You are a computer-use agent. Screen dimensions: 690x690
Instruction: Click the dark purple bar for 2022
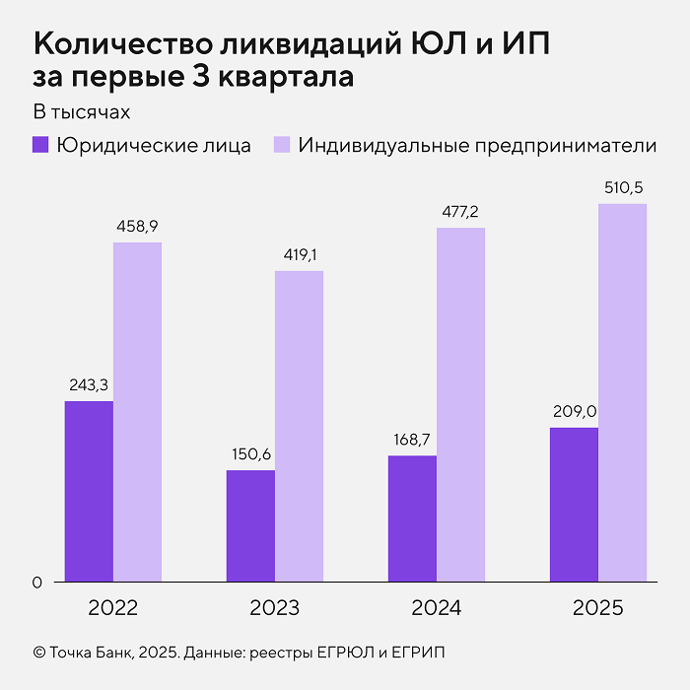(89, 491)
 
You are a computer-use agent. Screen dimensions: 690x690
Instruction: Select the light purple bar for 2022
(137, 412)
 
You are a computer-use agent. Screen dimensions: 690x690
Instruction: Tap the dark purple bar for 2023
(250, 525)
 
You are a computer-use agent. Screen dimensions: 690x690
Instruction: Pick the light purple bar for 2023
(299, 426)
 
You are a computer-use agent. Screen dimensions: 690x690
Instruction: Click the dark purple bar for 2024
(412, 518)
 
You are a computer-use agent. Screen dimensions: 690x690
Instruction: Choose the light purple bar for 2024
(460, 405)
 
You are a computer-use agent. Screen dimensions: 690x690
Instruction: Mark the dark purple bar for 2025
(574, 504)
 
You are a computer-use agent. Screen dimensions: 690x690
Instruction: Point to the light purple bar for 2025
(622, 392)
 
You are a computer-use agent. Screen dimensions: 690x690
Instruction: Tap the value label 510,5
(622, 187)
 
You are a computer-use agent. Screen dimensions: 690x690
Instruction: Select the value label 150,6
(250, 454)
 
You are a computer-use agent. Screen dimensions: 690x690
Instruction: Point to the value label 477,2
(460, 212)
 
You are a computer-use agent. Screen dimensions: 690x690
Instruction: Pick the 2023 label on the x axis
(274, 608)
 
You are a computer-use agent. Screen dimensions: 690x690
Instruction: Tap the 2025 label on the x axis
(597, 608)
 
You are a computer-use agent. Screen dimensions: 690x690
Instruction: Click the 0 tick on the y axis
(37, 583)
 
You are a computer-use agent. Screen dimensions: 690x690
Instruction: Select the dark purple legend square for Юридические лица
(40, 145)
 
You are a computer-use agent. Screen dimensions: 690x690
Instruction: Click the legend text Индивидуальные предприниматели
(477, 145)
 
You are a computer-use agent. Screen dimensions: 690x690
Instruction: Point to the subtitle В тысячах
(82, 110)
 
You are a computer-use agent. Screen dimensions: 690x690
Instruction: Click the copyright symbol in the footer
(39, 653)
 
